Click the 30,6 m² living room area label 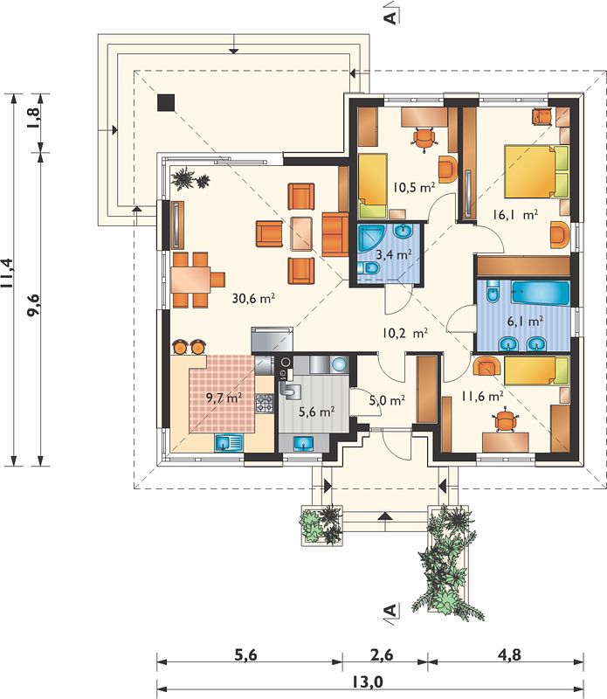coord(253,298)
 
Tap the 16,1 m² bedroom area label coord(514,215)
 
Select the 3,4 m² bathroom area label coord(394,254)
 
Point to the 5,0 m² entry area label coord(387,400)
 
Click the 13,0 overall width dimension coord(368,682)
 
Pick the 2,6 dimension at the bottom coord(382,654)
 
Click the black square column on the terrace coord(166,103)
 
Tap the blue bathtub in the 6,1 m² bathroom coord(541,293)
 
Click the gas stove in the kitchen coord(264,403)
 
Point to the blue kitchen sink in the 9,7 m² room coord(229,443)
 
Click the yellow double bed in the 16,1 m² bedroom coord(536,171)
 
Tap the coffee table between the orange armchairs coord(301,233)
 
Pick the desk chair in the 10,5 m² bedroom coord(424,138)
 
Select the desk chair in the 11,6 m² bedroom coord(507,420)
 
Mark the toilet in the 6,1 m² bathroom coord(493,293)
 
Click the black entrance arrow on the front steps coord(385,516)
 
